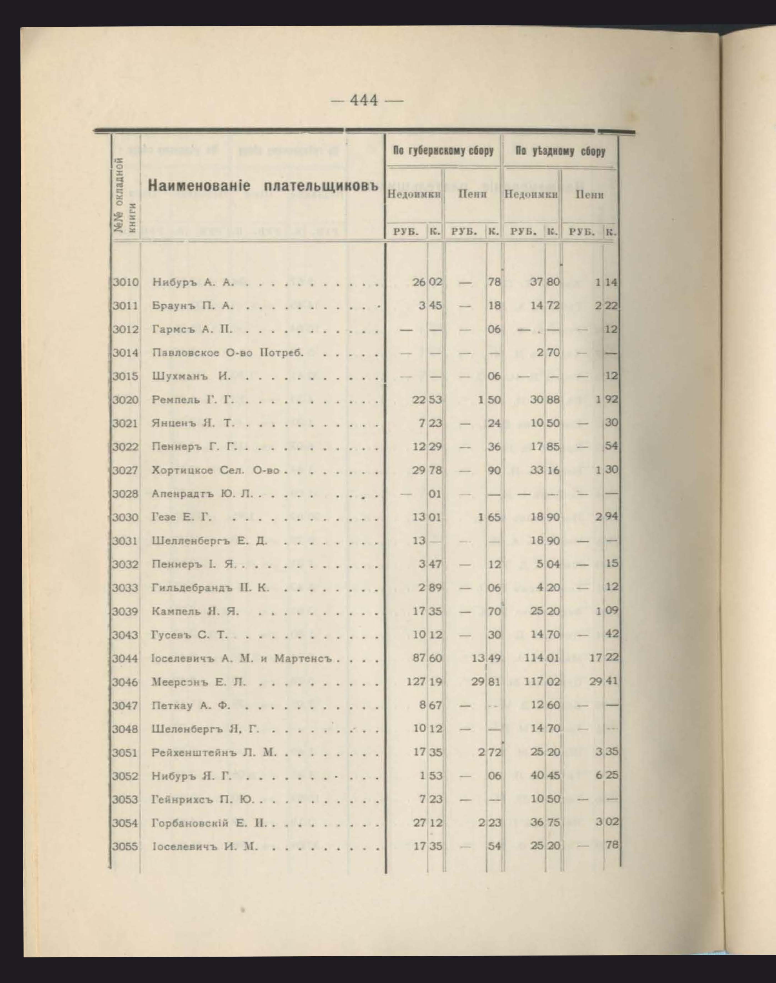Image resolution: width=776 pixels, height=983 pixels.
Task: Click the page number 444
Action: point(364,100)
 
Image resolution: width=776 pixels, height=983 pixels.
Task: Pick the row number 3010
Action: point(125,282)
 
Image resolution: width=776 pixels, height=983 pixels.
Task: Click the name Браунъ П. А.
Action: point(193,306)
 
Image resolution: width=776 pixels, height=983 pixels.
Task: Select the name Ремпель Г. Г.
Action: point(193,400)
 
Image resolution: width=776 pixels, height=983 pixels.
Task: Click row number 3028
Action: point(125,494)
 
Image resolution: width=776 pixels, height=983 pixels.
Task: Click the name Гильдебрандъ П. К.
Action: point(210,588)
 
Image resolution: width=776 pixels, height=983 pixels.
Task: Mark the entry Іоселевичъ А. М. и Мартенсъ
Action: point(242,658)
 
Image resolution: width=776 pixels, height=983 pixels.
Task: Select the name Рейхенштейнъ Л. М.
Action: point(214,752)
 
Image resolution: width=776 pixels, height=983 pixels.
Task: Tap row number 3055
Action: point(125,846)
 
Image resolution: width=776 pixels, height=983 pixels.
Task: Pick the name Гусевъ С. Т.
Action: point(189,635)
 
